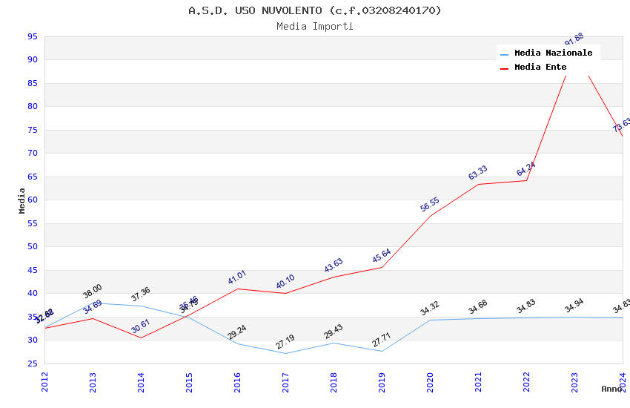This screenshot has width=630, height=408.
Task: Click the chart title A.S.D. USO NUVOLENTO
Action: point(314,10)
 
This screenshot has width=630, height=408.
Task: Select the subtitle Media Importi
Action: point(314,27)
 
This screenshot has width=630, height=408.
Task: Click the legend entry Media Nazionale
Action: point(553,53)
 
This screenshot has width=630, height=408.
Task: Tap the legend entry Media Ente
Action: point(540,68)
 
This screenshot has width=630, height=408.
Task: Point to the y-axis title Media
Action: point(22,200)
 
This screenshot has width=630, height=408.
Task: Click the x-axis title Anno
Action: point(611,389)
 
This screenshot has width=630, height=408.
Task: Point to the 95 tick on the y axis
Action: point(32,36)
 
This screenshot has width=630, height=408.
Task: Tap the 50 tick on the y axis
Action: point(32,247)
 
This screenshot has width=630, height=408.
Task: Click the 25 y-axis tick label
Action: point(32,363)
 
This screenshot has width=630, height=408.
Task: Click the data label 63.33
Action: point(477,173)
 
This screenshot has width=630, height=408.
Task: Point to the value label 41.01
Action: point(237,278)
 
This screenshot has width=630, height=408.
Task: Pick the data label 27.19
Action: point(285,342)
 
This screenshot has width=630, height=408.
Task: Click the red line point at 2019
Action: point(382,267)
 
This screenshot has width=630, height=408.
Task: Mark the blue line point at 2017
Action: point(285,353)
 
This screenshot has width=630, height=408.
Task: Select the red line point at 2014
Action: point(141,338)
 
